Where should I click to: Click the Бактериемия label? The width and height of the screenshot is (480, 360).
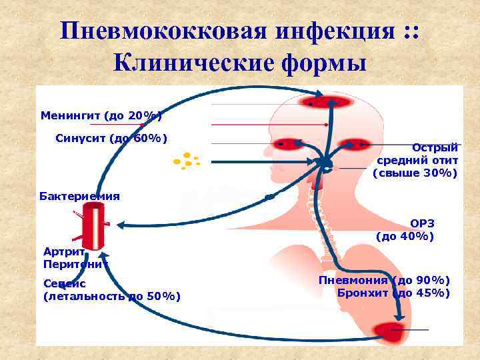(x=80, y=196)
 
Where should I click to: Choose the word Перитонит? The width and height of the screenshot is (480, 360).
(x=75, y=264)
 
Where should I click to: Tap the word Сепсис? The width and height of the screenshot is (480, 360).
(x=64, y=283)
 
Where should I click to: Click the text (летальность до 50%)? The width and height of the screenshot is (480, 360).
(x=112, y=296)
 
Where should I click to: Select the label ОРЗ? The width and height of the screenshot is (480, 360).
(x=421, y=224)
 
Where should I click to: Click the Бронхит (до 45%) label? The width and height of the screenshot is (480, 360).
(x=393, y=293)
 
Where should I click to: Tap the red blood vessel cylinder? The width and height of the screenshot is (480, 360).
(x=93, y=226)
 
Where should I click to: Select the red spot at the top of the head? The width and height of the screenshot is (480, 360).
(x=327, y=101)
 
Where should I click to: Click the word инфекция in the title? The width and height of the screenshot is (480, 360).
(x=327, y=31)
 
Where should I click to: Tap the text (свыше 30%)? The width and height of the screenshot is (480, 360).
(x=415, y=173)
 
